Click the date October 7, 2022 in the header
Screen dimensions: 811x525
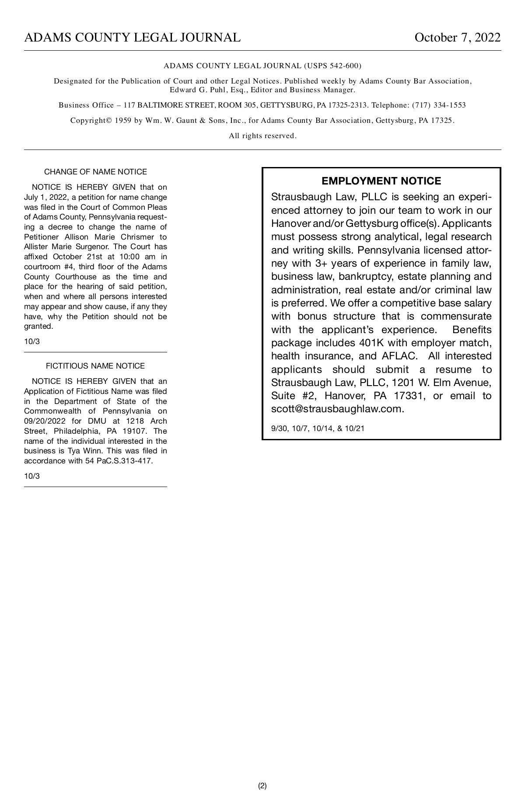(x=457, y=38)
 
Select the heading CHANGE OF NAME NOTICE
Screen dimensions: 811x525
(x=95, y=172)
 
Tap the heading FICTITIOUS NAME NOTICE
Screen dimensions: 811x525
(x=95, y=366)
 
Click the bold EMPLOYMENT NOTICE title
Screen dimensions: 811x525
(x=381, y=181)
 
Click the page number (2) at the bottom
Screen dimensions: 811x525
(x=262, y=786)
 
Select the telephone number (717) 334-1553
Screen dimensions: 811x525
(x=439, y=105)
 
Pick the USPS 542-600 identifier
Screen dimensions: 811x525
(x=332, y=66)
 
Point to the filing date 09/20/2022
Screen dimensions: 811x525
(x=45, y=421)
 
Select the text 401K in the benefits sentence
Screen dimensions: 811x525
(x=371, y=343)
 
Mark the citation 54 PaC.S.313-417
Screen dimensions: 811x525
(x=119, y=461)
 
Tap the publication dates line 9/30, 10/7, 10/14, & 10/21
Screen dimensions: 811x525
(x=318, y=428)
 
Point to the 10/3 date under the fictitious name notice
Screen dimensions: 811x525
(x=31, y=476)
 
